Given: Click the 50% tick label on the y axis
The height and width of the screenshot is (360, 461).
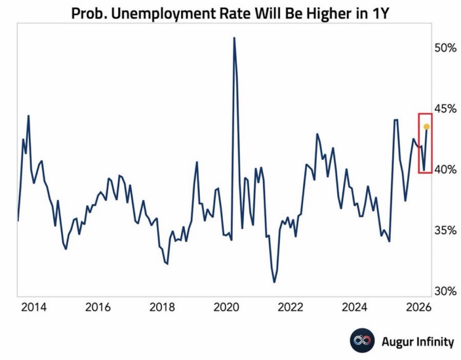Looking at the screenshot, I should point(446,48).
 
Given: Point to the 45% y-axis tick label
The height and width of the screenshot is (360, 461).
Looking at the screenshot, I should point(446,109).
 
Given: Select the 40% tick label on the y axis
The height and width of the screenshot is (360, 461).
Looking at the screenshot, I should point(446,170).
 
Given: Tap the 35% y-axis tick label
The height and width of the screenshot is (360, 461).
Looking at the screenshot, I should point(446,231).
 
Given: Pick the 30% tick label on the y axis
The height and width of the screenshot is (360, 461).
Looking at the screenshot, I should point(446,292).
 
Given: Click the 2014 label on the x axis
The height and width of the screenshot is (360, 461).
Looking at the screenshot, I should point(34,308).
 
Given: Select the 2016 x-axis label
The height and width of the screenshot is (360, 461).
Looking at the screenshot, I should point(98,308).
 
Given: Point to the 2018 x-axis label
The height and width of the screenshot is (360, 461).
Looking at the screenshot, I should point(162,308).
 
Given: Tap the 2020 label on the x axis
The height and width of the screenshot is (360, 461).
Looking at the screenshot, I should point(226,308).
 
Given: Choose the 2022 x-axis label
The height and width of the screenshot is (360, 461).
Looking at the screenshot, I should point(290,308).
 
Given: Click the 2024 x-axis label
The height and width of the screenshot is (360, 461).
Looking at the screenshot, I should point(355,308).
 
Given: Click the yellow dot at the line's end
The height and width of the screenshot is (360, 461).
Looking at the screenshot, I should point(427,127).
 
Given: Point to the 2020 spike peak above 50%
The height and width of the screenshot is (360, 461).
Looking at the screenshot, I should point(234,38).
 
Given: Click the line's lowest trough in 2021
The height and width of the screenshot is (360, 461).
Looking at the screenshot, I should point(274,282).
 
